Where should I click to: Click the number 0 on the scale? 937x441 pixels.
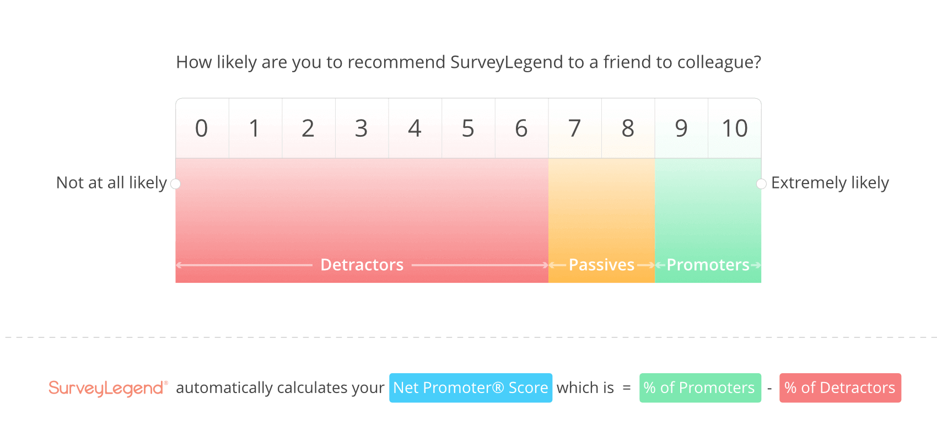point(202,128)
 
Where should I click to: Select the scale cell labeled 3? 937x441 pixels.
point(362,128)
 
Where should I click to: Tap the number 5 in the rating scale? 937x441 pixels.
point(468,128)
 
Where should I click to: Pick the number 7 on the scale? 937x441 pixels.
point(574,128)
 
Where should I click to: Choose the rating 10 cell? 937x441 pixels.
point(735,128)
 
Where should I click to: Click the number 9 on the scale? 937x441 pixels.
point(681,128)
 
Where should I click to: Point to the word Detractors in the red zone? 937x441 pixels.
point(362,265)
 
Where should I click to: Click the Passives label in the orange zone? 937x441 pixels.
point(601,265)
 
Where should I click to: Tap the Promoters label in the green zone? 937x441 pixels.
point(708,265)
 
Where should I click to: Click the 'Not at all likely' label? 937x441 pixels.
point(111,183)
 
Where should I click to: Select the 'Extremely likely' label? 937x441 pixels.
point(830,183)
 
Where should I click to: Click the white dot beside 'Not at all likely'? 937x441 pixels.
point(175,184)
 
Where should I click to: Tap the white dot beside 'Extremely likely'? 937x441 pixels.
point(762,184)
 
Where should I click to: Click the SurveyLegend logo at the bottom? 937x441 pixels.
point(108,388)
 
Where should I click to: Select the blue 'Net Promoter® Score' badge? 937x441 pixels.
point(471,388)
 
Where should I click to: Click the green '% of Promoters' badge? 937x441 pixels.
point(700,388)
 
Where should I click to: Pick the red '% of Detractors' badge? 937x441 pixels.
point(840,388)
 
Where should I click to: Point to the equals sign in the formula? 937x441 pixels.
point(627,388)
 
